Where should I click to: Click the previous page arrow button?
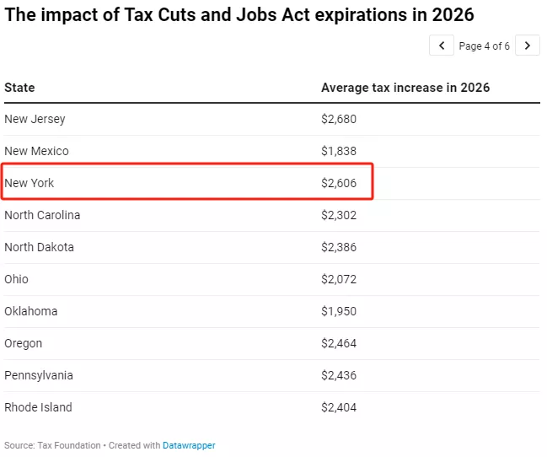click(442, 46)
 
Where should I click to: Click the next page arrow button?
click(528, 46)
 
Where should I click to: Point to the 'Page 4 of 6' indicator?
click(484, 46)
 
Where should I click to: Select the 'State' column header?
click(19, 88)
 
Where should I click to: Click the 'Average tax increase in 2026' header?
click(405, 88)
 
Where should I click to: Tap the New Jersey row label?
click(35, 119)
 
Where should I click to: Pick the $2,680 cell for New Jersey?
click(339, 119)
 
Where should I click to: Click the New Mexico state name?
click(36, 151)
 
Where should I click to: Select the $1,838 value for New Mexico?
click(339, 151)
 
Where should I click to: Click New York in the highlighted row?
click(29, 183)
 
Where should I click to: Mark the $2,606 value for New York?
click(339, 183)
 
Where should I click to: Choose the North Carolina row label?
click(42, 215)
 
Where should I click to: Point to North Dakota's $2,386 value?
click(339, 247)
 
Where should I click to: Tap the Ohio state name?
click(16, 279)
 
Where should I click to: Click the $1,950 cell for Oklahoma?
click(339, 311)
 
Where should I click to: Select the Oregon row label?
click(23, 343)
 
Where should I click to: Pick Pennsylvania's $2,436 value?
click(339, 375)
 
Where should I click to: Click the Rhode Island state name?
click(38, 407)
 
